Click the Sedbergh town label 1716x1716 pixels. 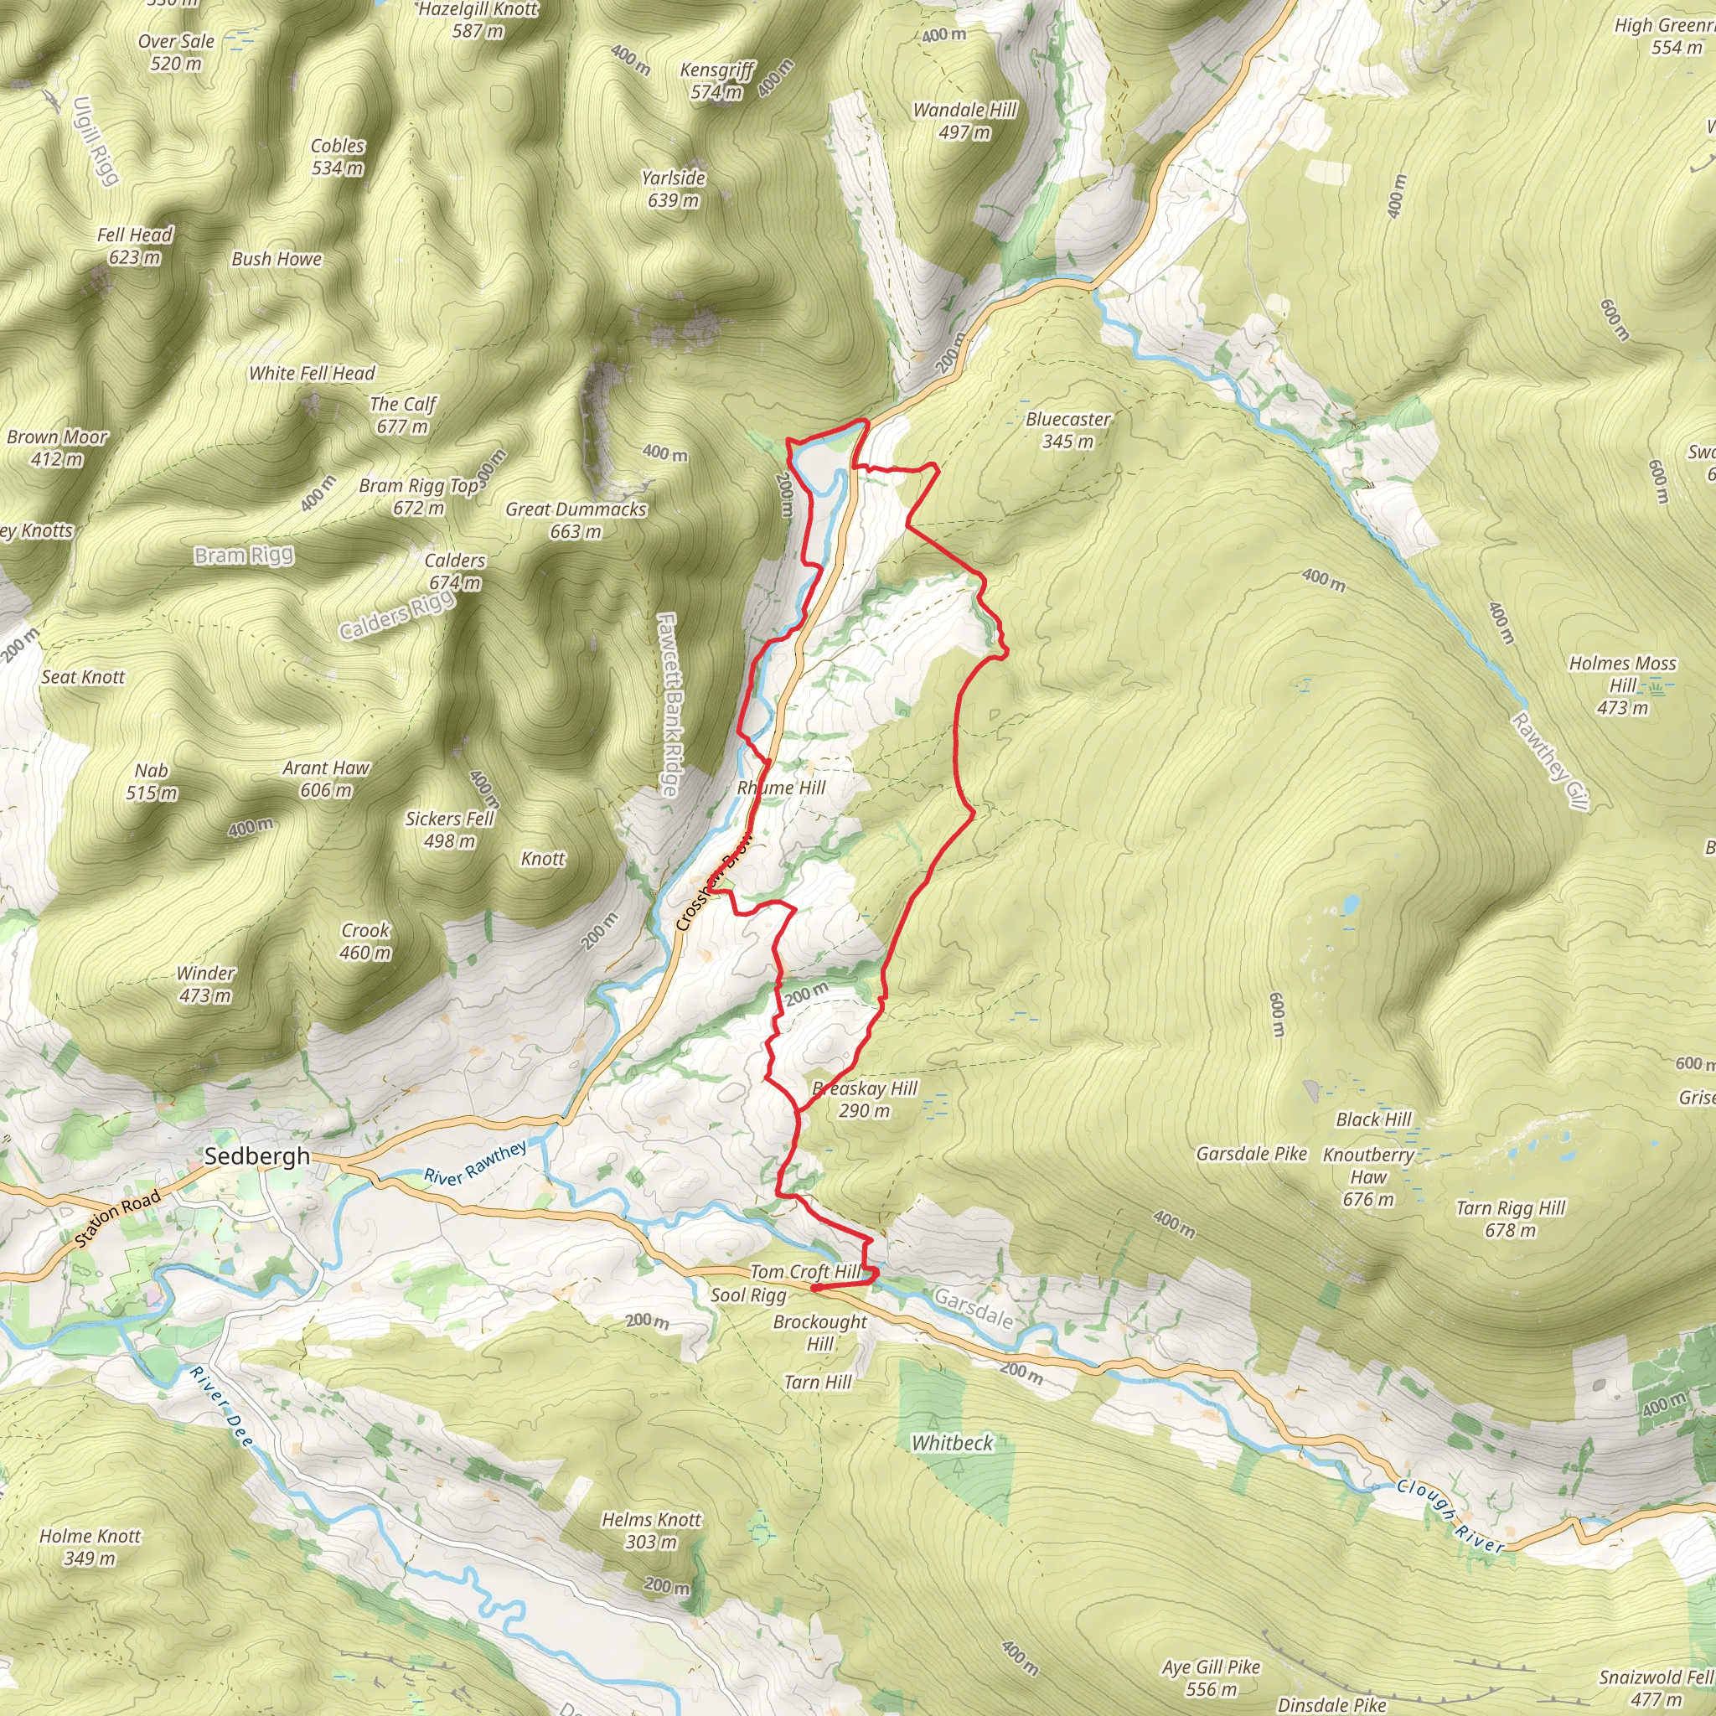[257, 1156]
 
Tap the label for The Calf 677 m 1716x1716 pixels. [402, 415]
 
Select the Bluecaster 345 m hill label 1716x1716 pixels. [1067, 430]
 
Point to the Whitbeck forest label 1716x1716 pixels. [952, 1444]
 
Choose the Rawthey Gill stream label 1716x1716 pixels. [1550, 760]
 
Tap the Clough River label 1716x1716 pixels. [1450, 1516]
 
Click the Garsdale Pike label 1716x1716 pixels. [1252, 1154]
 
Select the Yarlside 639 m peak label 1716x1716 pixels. [674, 189]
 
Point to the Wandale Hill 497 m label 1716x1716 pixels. [964, 121]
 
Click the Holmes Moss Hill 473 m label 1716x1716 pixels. [1623, 685]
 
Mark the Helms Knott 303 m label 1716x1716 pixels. [651, 1530]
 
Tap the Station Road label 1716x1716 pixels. [118, 1217]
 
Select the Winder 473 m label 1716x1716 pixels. [205, 985]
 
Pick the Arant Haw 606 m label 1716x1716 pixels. [326, 779]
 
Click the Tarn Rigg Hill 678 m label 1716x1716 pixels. [1510, 1218]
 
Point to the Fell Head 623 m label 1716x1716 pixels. [135, 246]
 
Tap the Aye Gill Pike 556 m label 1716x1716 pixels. [1211, 1677]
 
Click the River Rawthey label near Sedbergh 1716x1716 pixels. [475, 1164]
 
